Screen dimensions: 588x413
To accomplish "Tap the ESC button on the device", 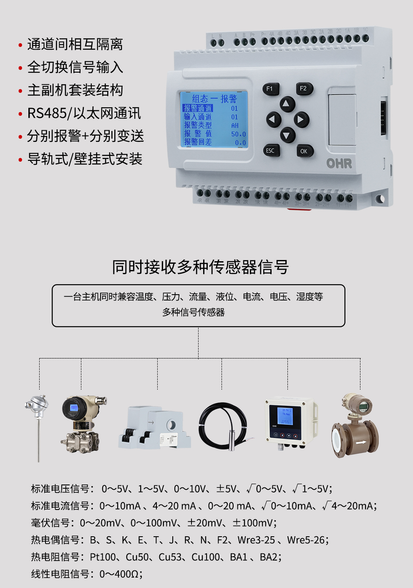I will click(x=270, y=151).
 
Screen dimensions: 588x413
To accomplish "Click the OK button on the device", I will click(x=304, y=151).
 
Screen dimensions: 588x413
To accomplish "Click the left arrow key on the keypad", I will click(x=273, y=120).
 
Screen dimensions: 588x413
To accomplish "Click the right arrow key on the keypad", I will click(x=300, y=120).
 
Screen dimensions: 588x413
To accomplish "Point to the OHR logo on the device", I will click(x=339, y=163).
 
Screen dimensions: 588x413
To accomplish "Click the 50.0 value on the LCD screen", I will click(x=238, y=134).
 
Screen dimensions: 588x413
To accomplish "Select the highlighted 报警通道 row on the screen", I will click(x=198, y=108).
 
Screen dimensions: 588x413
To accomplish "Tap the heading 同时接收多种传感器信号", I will click(x=200, y=267).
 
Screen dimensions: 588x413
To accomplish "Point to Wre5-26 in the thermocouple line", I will click(x=306, y=540).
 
